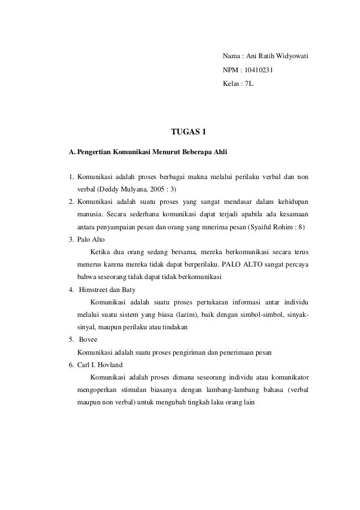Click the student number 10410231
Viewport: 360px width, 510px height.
click(255, 72)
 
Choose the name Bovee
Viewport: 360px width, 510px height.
click(89, 341)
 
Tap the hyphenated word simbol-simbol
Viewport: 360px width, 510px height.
click(253, 315)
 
